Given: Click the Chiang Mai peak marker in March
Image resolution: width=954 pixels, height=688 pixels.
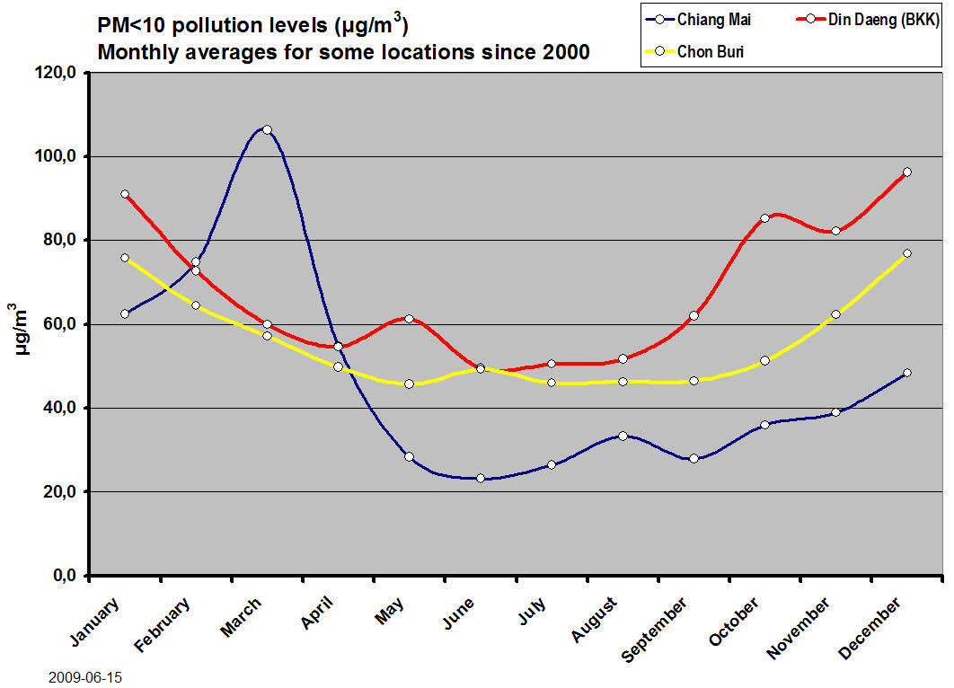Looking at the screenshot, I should click(x=267, y=129).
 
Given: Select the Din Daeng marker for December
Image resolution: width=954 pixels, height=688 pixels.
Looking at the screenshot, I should click(x=906, y=172).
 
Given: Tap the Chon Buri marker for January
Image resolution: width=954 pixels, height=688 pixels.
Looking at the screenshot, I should click(x=125, y=258).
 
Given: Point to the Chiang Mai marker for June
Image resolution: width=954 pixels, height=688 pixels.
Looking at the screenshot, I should click(x=481, y=478).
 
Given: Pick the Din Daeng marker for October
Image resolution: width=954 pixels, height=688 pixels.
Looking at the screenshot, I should click(x=764, y=218).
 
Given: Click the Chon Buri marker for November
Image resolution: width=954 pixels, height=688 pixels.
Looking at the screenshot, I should click(x=835, y=314).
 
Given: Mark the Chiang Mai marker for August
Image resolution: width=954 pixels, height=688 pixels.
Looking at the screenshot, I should click(x=623, y=436).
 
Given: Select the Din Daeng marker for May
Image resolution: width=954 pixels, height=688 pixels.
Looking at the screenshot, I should click(x=409, y=319).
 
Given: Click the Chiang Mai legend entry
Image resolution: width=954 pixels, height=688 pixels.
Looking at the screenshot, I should click(x=714, y=20).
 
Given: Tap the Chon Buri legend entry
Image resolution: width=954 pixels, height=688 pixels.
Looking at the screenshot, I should click(x=710, y=51).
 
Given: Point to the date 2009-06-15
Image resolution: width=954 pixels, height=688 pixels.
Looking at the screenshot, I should click(x=85, y=677).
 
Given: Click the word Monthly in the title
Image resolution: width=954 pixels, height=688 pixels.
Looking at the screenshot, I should click(x=135, y=52).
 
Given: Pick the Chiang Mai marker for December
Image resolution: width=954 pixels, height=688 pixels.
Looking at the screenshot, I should click(x=906, y=373).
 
